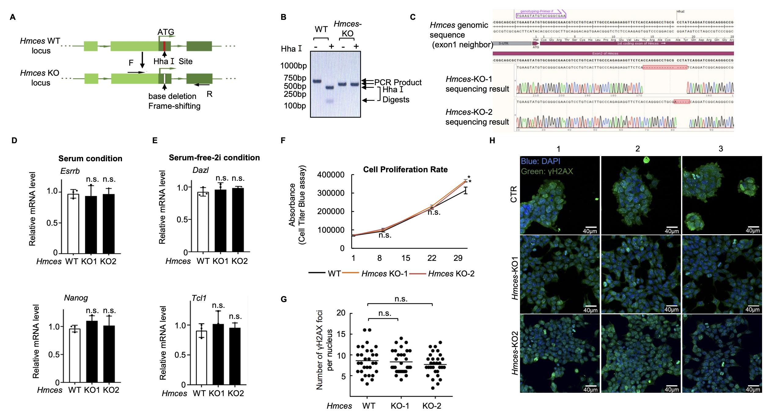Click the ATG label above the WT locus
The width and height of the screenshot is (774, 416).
(166, 32)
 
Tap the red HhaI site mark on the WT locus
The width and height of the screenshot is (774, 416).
(164, 46)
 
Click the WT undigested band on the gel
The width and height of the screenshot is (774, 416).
(317, 81)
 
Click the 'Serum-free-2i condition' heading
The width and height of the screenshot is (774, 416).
(214, 158)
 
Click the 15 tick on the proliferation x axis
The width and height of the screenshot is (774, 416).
(406, 258)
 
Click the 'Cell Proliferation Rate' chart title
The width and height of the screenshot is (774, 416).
(405, 170)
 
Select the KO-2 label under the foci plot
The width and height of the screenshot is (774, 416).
(432, 406)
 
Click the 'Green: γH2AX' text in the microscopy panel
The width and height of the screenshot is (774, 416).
(547, 171)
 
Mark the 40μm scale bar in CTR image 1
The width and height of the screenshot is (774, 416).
(590, 227)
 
